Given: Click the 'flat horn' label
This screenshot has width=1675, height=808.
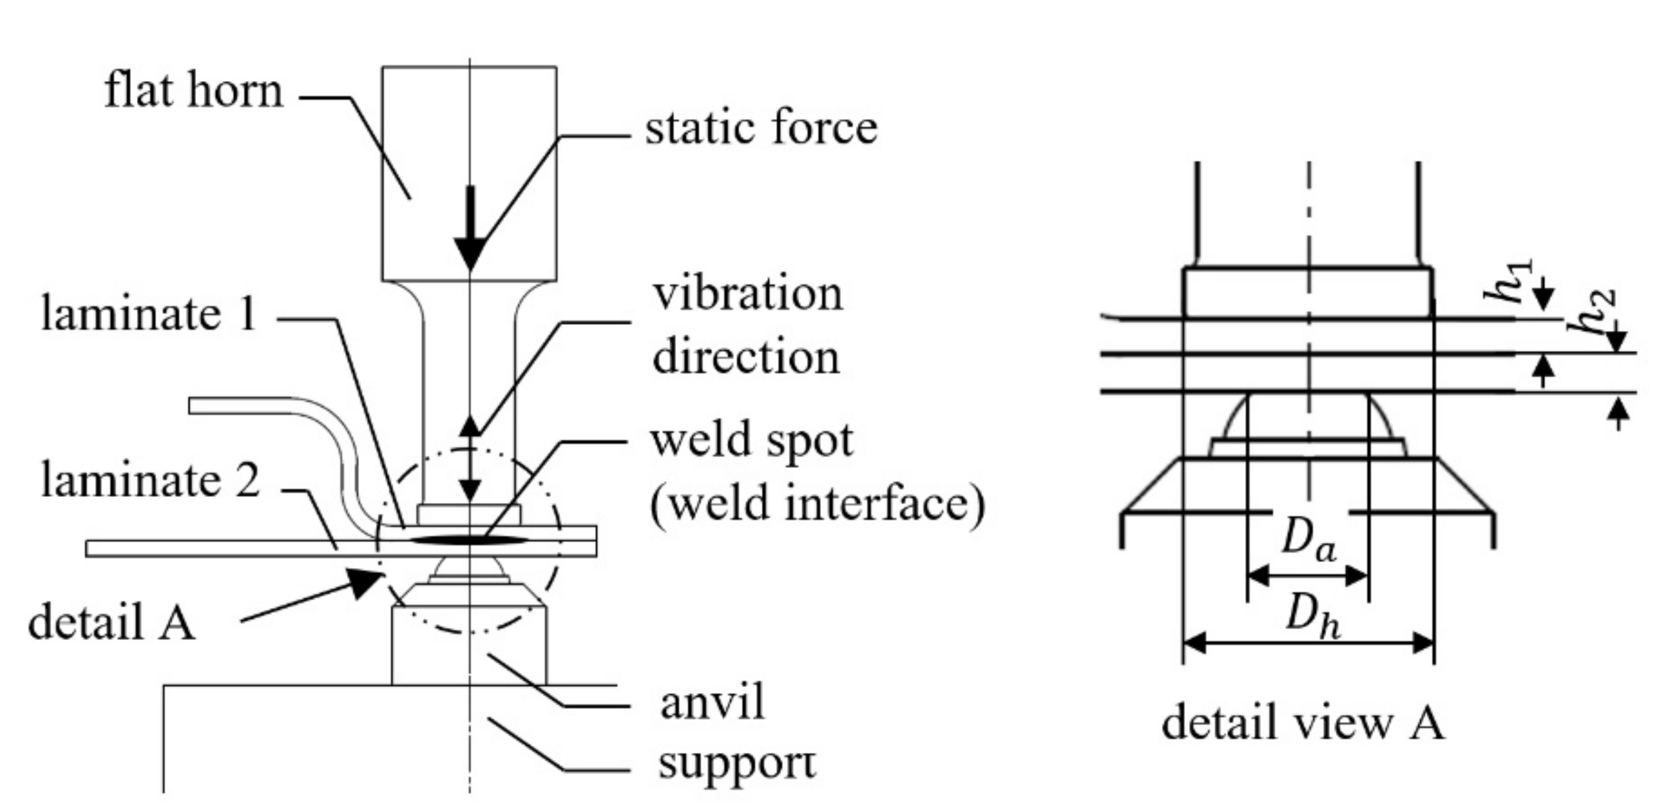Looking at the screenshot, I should [x=193, y=91].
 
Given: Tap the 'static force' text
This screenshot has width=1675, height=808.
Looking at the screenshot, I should [x=761, y=128].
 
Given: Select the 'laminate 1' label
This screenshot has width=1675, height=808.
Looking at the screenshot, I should [x=149, y=314].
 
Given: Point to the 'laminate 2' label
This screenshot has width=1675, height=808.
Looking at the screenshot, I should [x=150, y=480].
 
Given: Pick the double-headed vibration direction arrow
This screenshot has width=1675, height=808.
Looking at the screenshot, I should [x=470, y=458].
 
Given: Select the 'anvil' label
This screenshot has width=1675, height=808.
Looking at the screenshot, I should [x=712, y=702].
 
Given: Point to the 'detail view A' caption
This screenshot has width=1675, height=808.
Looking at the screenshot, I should [x=1303, y=723].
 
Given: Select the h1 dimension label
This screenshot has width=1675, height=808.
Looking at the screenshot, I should [x=1510, y=281].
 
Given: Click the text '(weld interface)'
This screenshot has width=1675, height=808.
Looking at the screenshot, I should [x=817, y=504].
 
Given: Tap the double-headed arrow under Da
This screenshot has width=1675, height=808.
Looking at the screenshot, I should [x=1307, y=575].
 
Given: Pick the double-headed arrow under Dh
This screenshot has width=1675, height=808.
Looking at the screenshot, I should [x=1308, y=643].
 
